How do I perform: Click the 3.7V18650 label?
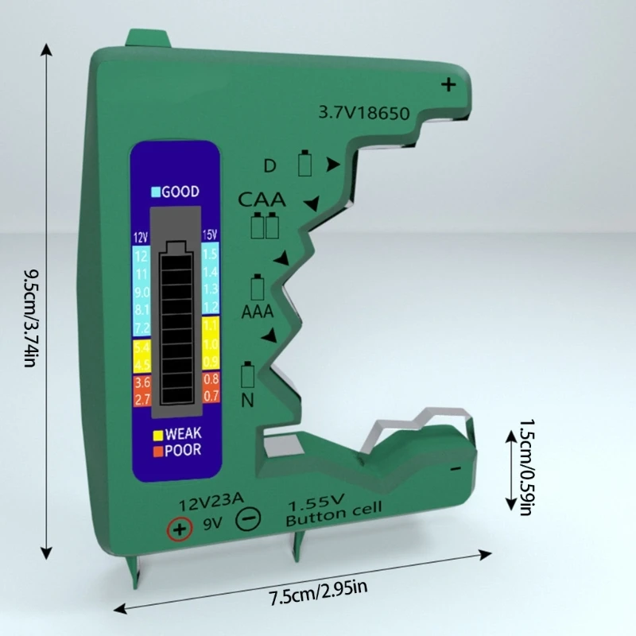[x=363, y=114]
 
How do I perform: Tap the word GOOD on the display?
[x=180, y=192]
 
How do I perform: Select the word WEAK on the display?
[x=183, y=435]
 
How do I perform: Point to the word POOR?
[x=183, y=450]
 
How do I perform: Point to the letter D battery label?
[x=270, y=166]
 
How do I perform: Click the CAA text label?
[x=262, y=199]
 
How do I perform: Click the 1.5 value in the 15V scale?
[x=209, y=254]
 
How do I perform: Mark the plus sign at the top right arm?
[x=450, y=85]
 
